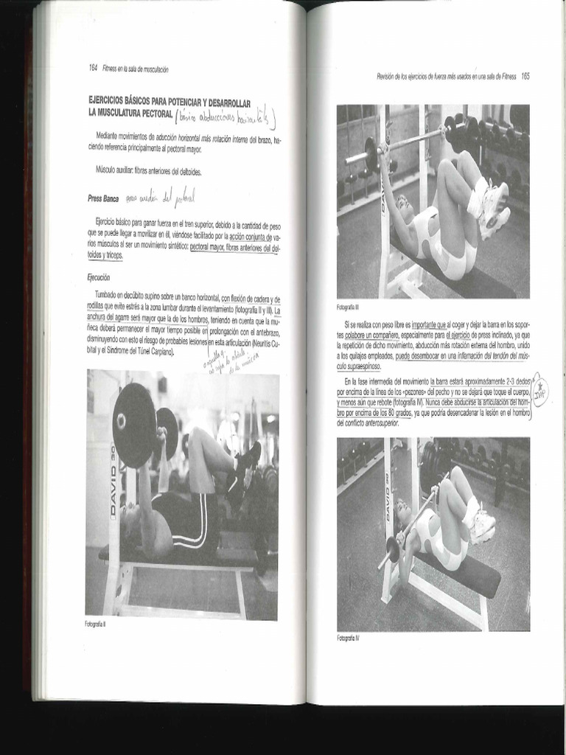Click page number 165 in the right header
pos(525,76)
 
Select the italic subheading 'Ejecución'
pos(98,277)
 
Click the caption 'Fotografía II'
pos(96,624)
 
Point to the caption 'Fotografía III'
pos(348,307)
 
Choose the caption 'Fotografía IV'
pos(348,637)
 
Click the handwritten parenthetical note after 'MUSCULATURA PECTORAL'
pos(226,116)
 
